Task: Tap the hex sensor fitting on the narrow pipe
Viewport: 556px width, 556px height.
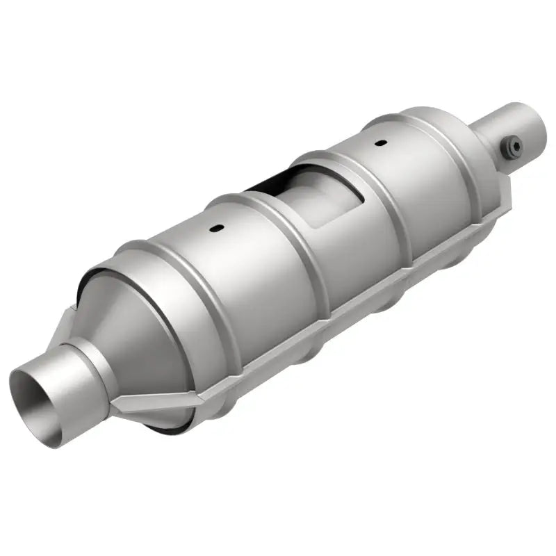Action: pyautogui.click(x=513, y=145)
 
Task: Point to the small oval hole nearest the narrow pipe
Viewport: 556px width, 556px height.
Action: pyautogui.click(x=380, y=124)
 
